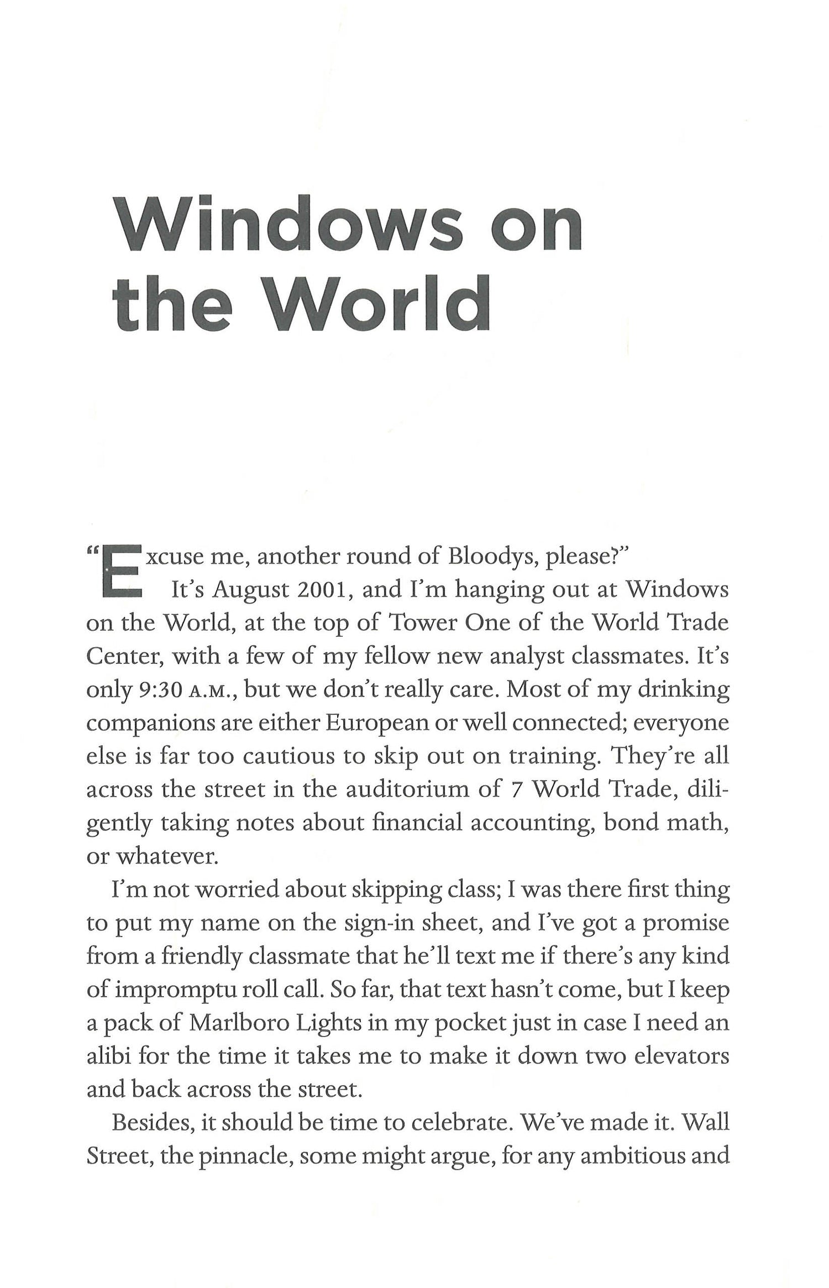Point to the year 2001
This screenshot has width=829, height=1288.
click(323, 590)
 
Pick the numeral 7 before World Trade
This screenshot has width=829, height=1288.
click(513, 789)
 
